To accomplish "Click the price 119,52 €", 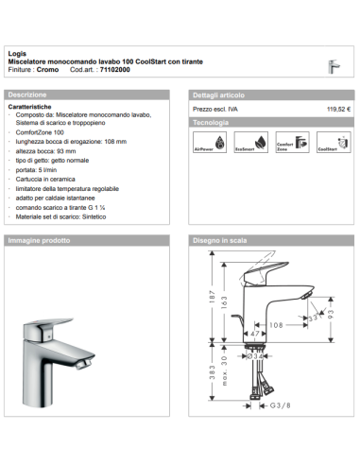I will coord(338,111).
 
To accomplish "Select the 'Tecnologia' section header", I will coord(211,124).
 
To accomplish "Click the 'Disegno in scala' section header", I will coord(221,241).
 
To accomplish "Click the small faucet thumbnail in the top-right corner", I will coord(333,66).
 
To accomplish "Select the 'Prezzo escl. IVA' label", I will coord(214,111).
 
